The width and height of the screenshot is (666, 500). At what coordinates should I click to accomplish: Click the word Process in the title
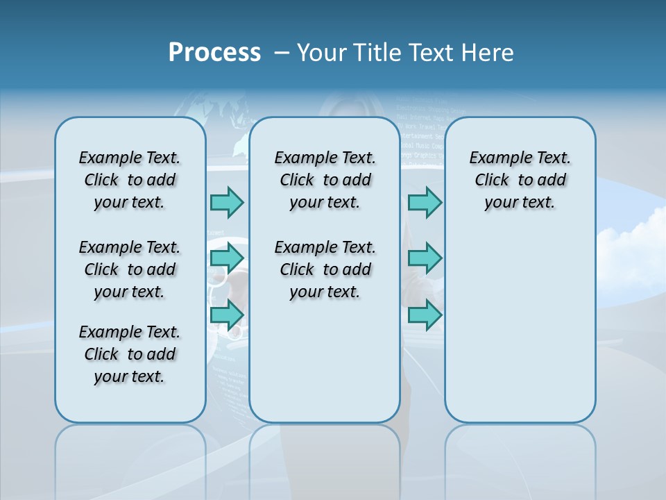pyautogui.click(x=214, y=52)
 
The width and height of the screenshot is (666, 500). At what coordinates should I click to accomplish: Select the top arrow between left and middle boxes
pyautogui.click(x=228, y=202)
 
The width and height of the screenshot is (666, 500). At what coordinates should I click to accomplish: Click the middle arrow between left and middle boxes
pyautogui.click(x=228, y=258)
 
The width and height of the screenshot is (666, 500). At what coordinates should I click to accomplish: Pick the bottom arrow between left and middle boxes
pyautogui.click(x=228, y=315)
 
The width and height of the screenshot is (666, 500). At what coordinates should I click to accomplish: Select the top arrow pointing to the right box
pyautogui.click(x=425, y=202)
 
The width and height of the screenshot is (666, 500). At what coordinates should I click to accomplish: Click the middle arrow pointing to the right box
pyautogui.click(x=425, y=258)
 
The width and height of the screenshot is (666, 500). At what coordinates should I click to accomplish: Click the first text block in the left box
pyautogui.click(x=130, y=180)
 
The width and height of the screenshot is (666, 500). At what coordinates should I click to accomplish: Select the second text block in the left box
pyautogui.click(x=130, y=269)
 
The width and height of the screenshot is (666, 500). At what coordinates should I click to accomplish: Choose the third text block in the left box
pyautogui.click(x=130, y=354)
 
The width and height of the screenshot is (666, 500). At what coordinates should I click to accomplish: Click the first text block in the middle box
pyautogui.click(x=325, y=180)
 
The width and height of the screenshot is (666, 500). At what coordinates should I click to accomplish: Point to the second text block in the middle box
pyautogui.click(x=325, y=269)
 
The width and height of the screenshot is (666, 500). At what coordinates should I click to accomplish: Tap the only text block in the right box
pyautogui.click(x=520, y=180)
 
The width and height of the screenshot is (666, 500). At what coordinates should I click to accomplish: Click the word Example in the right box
pyautogui.click(x=495, y=158)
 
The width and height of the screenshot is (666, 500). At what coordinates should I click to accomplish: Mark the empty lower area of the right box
pyautogui.click(x=520, y=333)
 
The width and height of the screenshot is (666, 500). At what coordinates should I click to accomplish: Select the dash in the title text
pyautogui.click(x=281, y=53)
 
